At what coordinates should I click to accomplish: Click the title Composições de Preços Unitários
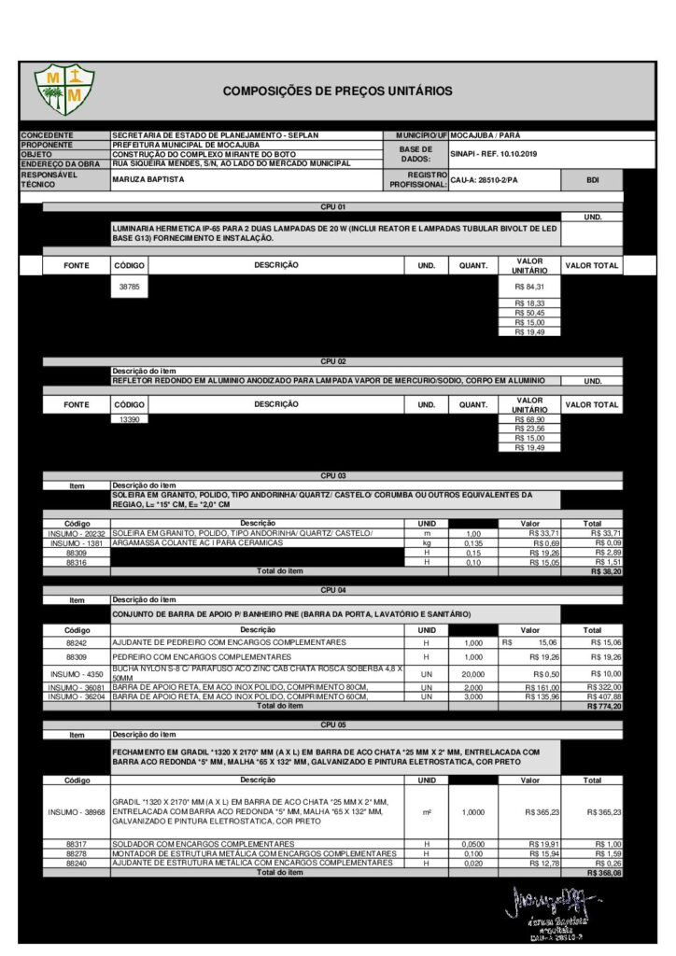337,91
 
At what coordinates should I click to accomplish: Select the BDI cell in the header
592,179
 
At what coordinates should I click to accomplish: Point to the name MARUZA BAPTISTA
148,179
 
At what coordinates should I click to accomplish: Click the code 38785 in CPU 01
129,287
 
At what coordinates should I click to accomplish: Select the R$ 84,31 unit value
529,287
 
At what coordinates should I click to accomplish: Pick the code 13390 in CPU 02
129,420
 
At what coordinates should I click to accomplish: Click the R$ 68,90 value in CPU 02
529,420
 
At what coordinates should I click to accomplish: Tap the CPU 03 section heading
333,475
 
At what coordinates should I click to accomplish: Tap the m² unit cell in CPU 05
427,812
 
